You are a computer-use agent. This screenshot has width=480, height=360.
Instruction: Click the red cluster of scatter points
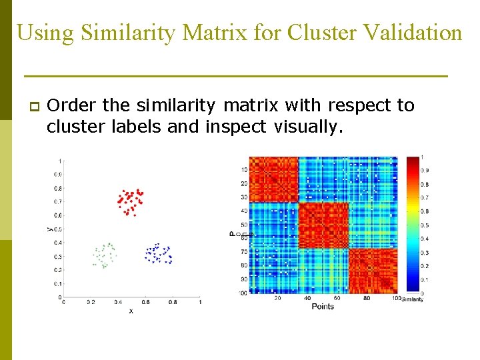130,201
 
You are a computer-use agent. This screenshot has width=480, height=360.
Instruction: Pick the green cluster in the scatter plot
104,255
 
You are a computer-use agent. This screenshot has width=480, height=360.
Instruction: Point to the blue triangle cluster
158,254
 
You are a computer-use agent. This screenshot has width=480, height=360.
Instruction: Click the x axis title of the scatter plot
131,311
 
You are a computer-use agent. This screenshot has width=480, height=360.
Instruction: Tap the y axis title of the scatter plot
49,228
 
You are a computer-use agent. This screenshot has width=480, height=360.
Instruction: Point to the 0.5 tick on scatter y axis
59,229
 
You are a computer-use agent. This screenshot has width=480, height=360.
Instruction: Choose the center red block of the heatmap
323,225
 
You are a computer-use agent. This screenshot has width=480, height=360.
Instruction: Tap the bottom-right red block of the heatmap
372,271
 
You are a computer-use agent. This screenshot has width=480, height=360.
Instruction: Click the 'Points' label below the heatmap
323,306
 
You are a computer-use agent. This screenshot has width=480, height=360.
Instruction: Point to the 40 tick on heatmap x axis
307,298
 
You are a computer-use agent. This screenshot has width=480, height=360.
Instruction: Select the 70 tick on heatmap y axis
243,252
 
